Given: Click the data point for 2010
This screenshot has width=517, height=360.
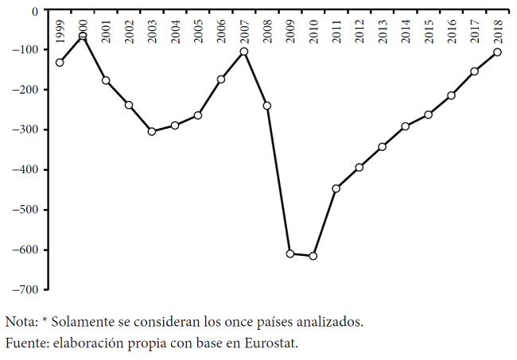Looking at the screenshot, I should [x=313, y=256].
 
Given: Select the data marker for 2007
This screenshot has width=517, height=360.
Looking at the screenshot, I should [x=244, y=52].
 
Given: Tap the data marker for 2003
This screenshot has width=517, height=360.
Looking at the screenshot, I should [x=152, y=131].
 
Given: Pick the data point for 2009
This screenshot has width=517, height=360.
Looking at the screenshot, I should [x=290, y=254].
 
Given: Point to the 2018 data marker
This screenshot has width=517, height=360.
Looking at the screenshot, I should [x=497, y=52].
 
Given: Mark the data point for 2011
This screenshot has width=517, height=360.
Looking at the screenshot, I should [x=336, y=188].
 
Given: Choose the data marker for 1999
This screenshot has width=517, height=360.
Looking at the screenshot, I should [x=60, y=63].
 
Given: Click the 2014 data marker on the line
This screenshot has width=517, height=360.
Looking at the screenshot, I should [x=406, y=126].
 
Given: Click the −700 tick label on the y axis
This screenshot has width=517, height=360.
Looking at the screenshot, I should [x=25, y=289].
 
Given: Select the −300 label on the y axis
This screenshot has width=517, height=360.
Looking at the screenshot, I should [x=25, y=130].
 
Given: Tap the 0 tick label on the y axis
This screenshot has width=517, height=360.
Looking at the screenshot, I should [x=35, y=11].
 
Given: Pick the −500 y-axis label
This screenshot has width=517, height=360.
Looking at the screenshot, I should [x=25, y=210].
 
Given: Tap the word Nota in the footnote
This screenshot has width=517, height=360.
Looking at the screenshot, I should [x=20, y=322].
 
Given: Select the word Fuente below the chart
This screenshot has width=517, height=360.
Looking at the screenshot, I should [x=25, y=343].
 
